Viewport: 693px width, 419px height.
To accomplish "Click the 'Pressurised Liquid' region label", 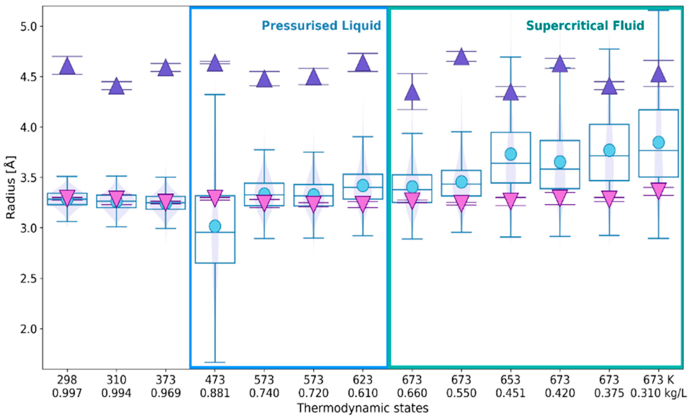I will point(321,26).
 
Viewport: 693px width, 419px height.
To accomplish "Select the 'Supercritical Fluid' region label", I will point(585,26).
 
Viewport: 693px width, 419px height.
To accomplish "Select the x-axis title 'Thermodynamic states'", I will point(363,408).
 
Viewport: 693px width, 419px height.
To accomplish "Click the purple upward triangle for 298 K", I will point(67,66).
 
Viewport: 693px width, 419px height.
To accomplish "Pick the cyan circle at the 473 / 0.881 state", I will point(215,226).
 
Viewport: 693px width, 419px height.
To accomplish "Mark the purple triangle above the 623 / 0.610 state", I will point(363,64).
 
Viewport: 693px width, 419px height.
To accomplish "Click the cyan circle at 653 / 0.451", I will point(511,154).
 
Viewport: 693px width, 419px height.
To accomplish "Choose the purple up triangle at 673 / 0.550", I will point(462,57).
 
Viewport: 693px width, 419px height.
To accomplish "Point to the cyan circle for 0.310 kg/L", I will point(659,142).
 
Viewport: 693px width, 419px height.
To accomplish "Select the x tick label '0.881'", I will point(215,393).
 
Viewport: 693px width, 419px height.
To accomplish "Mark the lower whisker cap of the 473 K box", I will point(215,362).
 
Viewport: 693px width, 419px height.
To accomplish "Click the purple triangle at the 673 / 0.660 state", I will point(412,93).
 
